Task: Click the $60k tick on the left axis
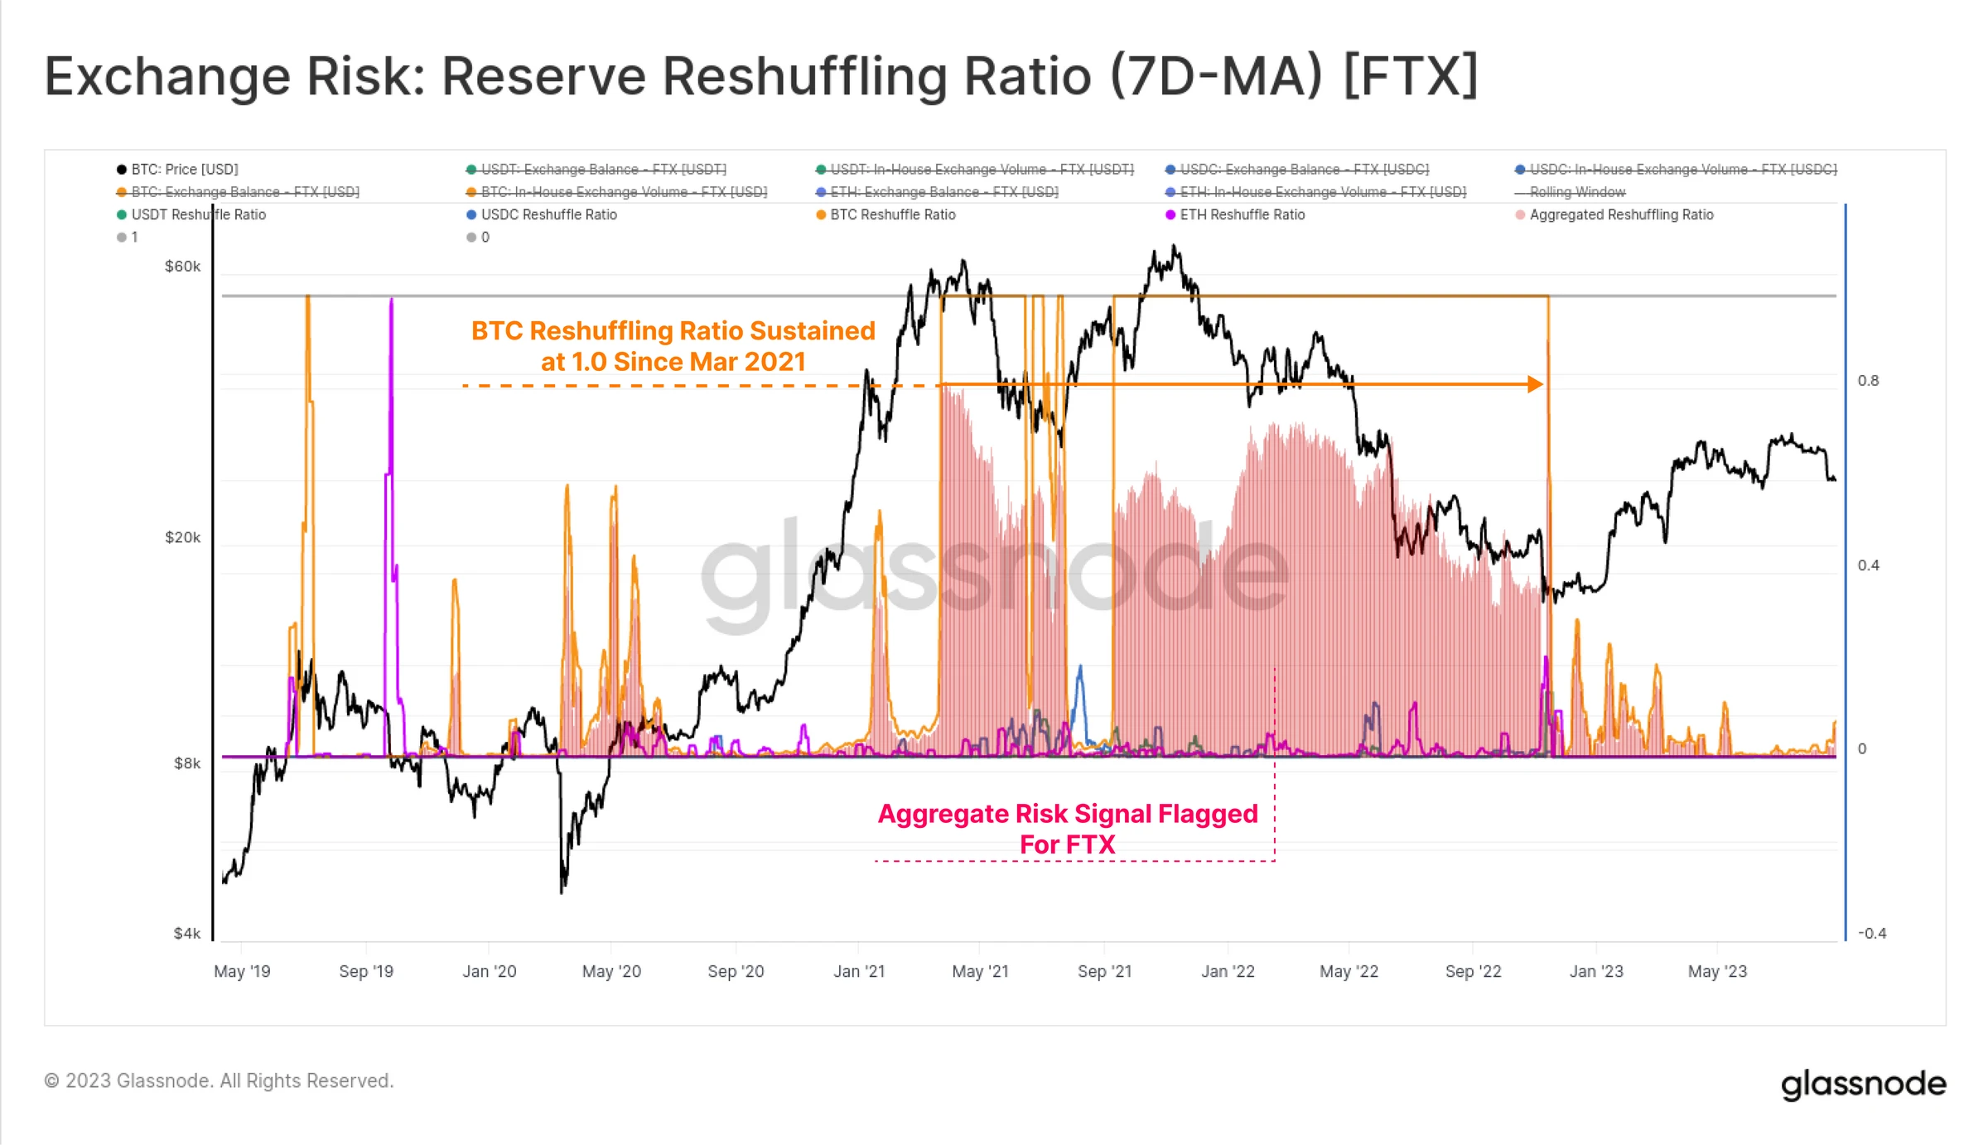point(182,267)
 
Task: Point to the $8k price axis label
point(187,763)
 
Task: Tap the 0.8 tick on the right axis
point(1868,381)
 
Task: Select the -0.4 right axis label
point(1871,934)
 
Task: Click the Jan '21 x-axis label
point(859,971)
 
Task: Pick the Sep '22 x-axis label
point(1473,971)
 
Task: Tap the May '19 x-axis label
point(242,971)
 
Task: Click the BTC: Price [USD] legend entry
point(184,170)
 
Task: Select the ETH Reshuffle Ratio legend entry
point(1241,215)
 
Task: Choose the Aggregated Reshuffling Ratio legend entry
point(1620,215)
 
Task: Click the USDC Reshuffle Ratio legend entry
point(548,215)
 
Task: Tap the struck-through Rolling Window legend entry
point(1576,192)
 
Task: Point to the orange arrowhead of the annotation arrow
point(1535,384)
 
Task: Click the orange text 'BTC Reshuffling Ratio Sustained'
point(673,331)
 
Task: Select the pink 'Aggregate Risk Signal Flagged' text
point(1067,814)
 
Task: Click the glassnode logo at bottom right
point(1863,1083)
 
